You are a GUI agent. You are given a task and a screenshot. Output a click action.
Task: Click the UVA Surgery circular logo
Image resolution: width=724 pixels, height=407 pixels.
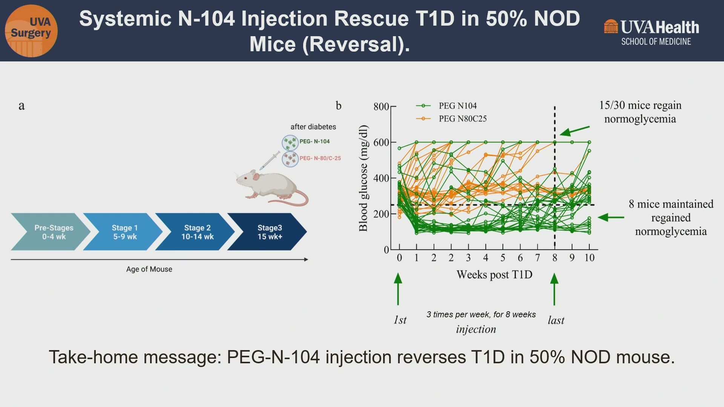pyautogui.click(x=31, y=31)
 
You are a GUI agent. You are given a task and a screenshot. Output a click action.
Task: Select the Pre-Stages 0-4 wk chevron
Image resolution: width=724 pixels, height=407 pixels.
pyautogui.click(x=51, y=232)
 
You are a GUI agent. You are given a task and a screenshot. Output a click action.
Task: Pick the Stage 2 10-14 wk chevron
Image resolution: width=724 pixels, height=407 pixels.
pyautogui.click(x=195, y=232)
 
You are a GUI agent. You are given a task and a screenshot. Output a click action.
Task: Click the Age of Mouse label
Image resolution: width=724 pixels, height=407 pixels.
pyautogui.click(x=149, y=269)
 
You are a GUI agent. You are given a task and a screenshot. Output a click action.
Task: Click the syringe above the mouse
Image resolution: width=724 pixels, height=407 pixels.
pyautogui.click(x=270, y=161)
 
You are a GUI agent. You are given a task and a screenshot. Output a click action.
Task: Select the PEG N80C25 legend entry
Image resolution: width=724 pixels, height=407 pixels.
pyautogui.click(x=451, y=119)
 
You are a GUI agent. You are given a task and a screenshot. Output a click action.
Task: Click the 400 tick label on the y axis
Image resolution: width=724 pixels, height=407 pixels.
pyautogui.click(x=381, y=178)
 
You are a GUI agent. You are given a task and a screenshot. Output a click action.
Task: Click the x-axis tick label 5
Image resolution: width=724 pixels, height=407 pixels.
pyautogui.click(x=503, y=258)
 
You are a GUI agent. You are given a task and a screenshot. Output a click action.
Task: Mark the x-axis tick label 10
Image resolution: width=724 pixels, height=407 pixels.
pyautogui.click(x=589, y=258)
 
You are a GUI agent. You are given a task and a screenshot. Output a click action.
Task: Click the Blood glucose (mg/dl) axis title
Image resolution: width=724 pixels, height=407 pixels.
pyautogui.click(x=363, y=178)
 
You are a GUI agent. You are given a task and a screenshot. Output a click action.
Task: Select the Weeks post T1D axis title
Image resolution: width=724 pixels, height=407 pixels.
pyautogui.click(x=494, y=275)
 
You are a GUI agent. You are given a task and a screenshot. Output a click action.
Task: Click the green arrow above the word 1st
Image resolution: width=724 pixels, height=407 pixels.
pyautogui.click(x=398, y=289)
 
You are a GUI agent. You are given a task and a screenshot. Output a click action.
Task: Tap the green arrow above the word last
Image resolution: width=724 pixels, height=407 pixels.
pyautogui.click(x=554, y=289)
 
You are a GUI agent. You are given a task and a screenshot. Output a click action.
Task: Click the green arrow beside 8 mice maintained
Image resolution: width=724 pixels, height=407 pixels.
pyautogui.click(x=611, y=217)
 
